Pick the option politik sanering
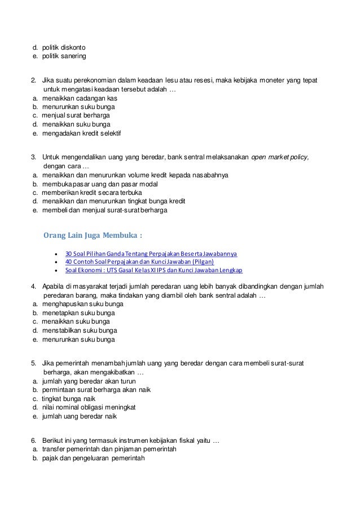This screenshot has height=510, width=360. (x=64, y=56)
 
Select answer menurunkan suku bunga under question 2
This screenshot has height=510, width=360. (x=79, y=106)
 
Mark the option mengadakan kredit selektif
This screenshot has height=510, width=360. (x=81, y=133)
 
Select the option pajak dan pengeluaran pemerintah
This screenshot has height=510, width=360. (x=94, y=458)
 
